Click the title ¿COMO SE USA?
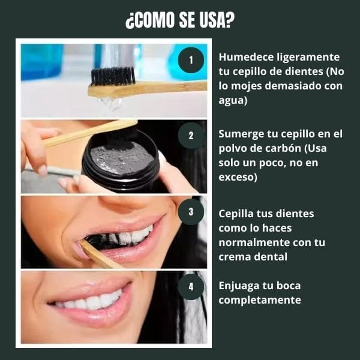click(180, 20)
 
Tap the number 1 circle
click(191, 59)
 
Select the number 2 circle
click(191, 136)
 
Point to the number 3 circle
click(191, 211)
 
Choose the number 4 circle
click(191, 286)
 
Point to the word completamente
click(259, 300)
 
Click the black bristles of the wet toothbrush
click(114, 75)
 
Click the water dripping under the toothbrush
click(109, 103)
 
